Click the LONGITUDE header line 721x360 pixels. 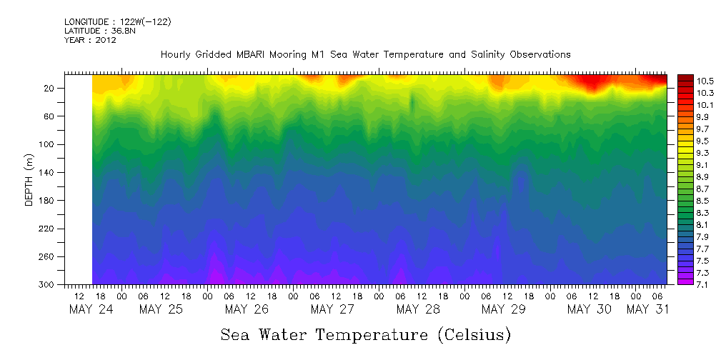click(118, 22)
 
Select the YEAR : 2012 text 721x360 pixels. click(90, 40)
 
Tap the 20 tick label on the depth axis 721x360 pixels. click(51, 88)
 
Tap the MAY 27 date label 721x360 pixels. click(333, 309)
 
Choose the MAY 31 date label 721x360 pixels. click(648, 309)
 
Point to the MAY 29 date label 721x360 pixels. click(504, 309)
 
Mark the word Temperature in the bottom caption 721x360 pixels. click(369, 335)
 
